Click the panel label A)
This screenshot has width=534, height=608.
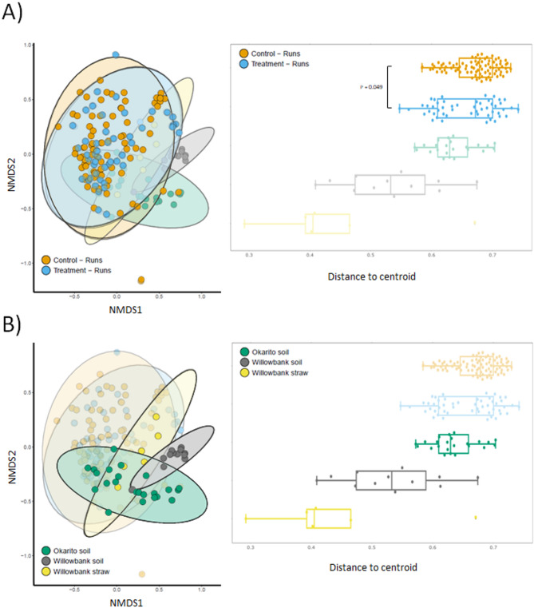point(14,13)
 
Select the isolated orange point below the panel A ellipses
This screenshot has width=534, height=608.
point(141,280)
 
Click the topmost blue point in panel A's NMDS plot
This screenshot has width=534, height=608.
point(116,54)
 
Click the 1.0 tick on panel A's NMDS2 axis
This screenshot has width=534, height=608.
point(27,46)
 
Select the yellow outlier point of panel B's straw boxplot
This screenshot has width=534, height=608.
point(476,518)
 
